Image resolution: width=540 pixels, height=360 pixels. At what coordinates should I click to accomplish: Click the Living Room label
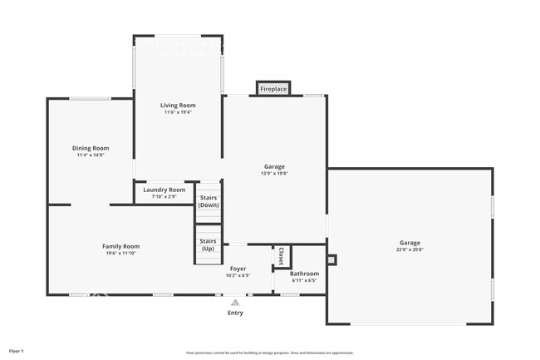[x=178, y=106]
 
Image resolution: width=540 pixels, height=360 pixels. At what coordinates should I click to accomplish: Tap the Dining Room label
[x=90, y=148]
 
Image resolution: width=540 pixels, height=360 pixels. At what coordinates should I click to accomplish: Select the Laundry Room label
[x=164, y=190]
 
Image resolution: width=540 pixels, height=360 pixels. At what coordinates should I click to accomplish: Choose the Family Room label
[x=120, y=246]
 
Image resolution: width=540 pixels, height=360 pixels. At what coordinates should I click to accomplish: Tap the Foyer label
[x=238, y=269]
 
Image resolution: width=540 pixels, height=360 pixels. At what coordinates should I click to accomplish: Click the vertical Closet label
[x=281, y=255]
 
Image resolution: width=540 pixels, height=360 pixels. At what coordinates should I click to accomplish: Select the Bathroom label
[x=304, y=274]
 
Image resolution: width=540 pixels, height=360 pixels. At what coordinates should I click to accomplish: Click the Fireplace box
[x=273, y=88]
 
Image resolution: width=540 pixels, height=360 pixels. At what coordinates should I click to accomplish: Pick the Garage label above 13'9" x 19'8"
[x=274, y=166]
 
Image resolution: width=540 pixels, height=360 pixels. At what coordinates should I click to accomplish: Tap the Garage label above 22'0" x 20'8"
[x=410, y=243]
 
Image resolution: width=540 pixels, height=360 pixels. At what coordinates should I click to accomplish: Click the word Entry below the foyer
[x=235, y=313]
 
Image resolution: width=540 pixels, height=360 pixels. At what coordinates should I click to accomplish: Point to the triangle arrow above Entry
[x=235, y=302]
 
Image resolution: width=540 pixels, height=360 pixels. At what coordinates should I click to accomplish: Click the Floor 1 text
[x=16, y=352]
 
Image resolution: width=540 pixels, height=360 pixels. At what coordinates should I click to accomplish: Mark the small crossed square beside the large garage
[x=331, y=259]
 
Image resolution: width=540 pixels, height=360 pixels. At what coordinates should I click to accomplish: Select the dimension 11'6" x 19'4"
[x=178, y=112]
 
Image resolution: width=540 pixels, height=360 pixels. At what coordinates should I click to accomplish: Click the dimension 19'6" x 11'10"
[x=120, y=254]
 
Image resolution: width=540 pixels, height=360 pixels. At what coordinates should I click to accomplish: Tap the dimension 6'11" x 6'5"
[x=304, y=281]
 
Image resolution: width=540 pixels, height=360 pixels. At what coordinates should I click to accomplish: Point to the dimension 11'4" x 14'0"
[x=90, y=155]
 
